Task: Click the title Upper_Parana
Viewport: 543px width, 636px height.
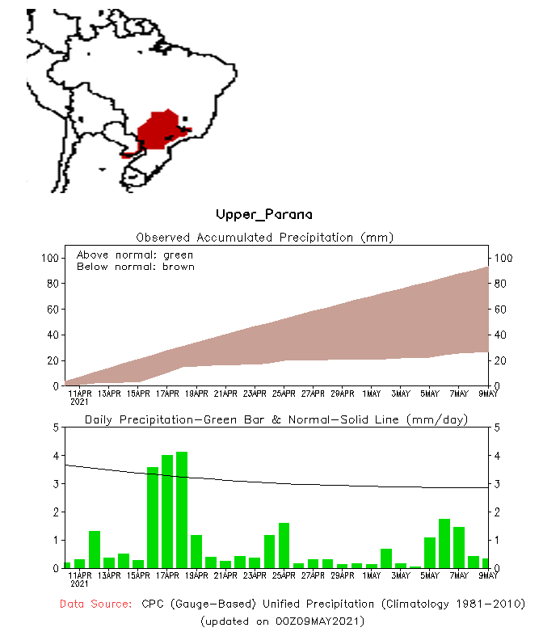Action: click(263, 214)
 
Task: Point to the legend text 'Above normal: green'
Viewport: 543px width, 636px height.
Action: click(135, 255)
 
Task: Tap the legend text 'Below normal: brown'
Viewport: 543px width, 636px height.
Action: click(135, 267)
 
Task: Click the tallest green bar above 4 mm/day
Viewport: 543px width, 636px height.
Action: click(182, 509)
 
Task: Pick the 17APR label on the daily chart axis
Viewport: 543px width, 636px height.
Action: click(166, 576)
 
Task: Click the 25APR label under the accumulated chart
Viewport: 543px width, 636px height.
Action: click(284, 394)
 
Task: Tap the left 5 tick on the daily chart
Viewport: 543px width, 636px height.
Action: click(56, 427)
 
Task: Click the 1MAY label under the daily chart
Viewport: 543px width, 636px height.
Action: click(371, 576)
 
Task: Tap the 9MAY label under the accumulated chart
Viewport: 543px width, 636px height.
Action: click(487, 394)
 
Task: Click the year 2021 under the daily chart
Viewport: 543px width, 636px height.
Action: click(79, 583)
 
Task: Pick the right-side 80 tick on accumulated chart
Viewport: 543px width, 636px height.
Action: click(505, 284)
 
